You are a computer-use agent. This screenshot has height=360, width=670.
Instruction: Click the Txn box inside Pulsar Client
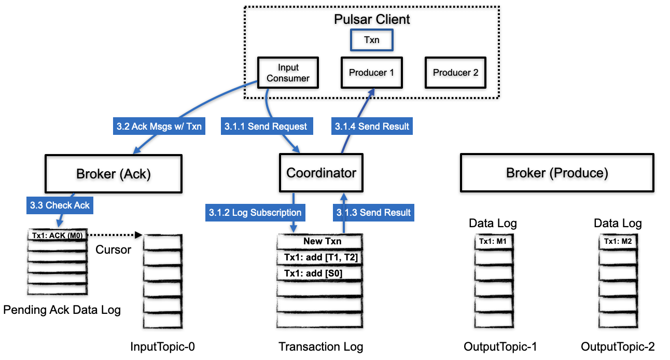[x=371, y=40]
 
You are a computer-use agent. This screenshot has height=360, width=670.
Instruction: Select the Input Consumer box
[x=288, y=73]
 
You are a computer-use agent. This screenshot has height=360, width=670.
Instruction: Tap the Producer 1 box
[x=371, y=73]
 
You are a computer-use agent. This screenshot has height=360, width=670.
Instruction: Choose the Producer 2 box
[x=455, y=73]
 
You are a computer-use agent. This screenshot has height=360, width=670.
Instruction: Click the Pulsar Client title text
[x=371, y=20]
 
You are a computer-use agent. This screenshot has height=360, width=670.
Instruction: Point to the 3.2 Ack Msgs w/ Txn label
[x=158, y=126]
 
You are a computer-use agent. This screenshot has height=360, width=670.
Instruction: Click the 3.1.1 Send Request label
[x=266, y=126]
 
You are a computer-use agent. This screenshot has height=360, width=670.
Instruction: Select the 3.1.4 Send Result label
[x=372, y=126]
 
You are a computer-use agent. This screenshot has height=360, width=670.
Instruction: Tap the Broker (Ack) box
[x=114, y=173]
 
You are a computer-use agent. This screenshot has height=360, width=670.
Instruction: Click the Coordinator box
[x=321, y=173]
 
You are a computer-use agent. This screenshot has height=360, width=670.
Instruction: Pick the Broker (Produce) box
[x=557, y=173]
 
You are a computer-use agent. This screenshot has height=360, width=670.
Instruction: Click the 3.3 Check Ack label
[x=60, y=205]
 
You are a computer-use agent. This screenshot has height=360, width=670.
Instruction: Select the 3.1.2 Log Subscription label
[x=255, y=212]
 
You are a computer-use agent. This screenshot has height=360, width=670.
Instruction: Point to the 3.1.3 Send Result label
[x=373, y=212]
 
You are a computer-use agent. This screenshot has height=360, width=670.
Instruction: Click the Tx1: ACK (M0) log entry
[x=57, y=236]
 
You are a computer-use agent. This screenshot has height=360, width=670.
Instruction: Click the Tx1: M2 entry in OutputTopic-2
[x=618, y=241]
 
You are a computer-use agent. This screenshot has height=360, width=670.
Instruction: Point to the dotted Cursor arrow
[x=114, y=236]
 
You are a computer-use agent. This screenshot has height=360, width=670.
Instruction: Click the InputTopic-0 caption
[x=163, y=347]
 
